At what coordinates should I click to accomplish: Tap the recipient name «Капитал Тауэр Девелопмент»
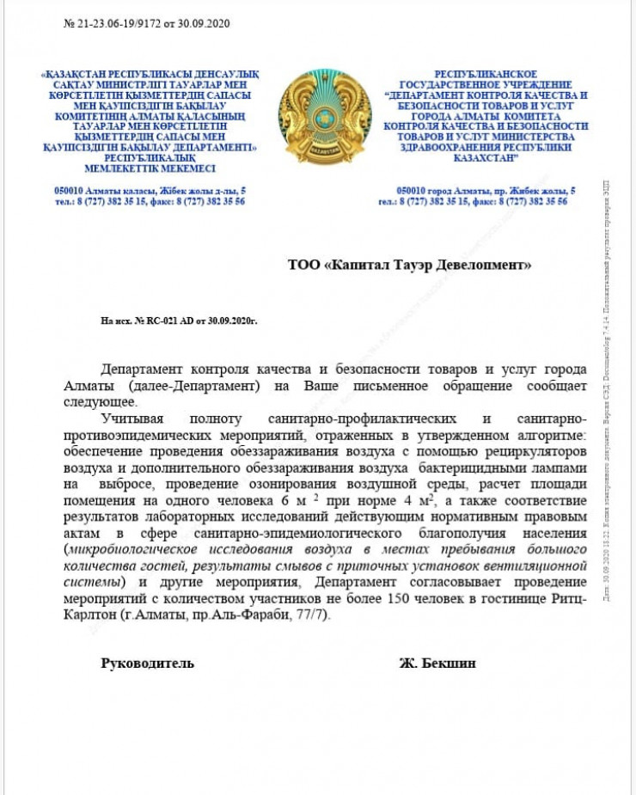410,265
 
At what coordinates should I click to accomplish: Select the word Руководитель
148,663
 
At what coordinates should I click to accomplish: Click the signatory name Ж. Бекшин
437,663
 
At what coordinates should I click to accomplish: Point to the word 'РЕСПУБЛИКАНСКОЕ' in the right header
486,76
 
